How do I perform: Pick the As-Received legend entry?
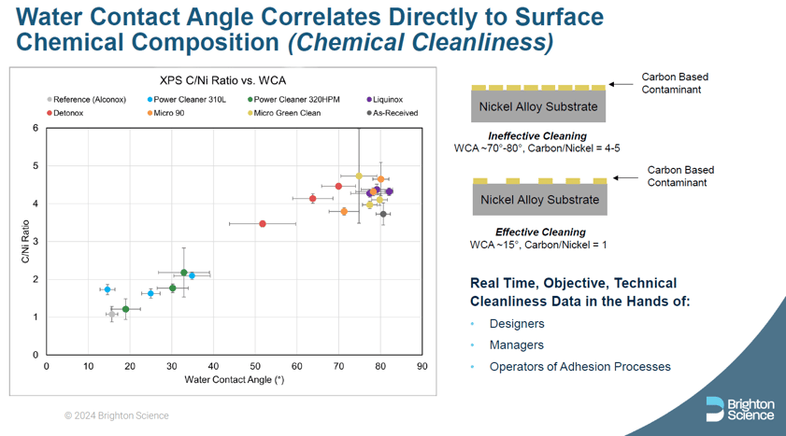pyautogui.click(x=393, y=113)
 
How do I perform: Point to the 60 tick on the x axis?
pyautogui.click(x=296, y=366)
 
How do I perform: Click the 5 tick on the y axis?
pyautogui.click(x=35, y=166)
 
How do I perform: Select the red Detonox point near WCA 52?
pyautogui.click(x=263, y=223)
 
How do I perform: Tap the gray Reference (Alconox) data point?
pyautogui.click(x=112, y=315)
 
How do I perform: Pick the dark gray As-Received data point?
pyautogui.click(x=383, y=214)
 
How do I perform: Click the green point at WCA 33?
pyautogui.click(x=184, y=273)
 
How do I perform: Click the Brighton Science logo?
pyautogui.click(x=740, y=408)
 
